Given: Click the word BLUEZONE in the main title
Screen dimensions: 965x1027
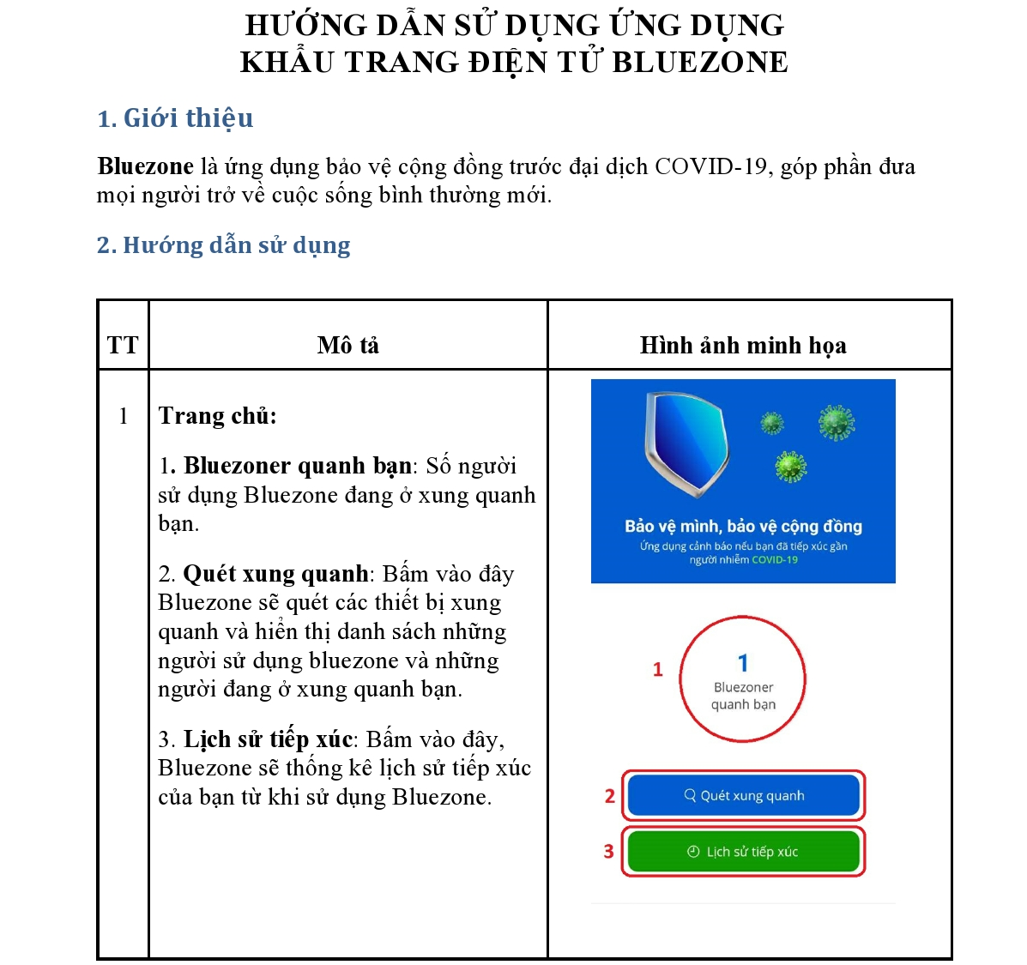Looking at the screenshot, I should tap(699, 63).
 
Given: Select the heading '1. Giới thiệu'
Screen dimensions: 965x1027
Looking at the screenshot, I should tap(175, 118).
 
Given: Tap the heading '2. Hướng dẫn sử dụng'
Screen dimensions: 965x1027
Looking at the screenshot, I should tap(223, 245).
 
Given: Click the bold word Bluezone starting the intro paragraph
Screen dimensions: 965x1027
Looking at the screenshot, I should tap(145, 166).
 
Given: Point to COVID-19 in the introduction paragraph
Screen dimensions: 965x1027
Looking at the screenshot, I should tap(710, 166).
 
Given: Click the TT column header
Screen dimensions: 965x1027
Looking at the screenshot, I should tap(123, 346).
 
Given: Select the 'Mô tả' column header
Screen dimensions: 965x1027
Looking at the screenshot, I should tap(347, 346).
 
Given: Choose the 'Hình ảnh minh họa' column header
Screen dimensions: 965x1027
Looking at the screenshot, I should tap(743, 346).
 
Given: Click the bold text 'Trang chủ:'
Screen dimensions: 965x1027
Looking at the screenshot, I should tap(217, 416).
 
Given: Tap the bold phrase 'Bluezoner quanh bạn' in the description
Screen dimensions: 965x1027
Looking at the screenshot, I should tap(297, 466).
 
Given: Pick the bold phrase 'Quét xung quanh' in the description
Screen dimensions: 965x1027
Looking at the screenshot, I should tap(275, 574).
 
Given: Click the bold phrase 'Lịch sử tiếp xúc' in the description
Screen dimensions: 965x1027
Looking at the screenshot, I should tap(268, 739).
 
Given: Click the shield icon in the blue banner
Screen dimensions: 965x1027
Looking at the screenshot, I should tap(686, 443).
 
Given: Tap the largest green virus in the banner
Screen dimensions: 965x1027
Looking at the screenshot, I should tap(837, 422).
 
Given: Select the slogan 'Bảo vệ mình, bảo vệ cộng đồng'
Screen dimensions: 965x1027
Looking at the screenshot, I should tap(743, 527).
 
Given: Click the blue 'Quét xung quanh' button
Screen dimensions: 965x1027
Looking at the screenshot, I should tap(743, 795).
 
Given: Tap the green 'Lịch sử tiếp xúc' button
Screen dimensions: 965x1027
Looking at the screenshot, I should tap(743, 852).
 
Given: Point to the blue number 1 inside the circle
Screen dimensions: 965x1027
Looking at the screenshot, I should tap(743, 663).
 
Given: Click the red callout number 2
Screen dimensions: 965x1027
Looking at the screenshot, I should tap(609, 796).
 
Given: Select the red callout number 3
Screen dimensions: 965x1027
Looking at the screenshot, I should tap(608, 852).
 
